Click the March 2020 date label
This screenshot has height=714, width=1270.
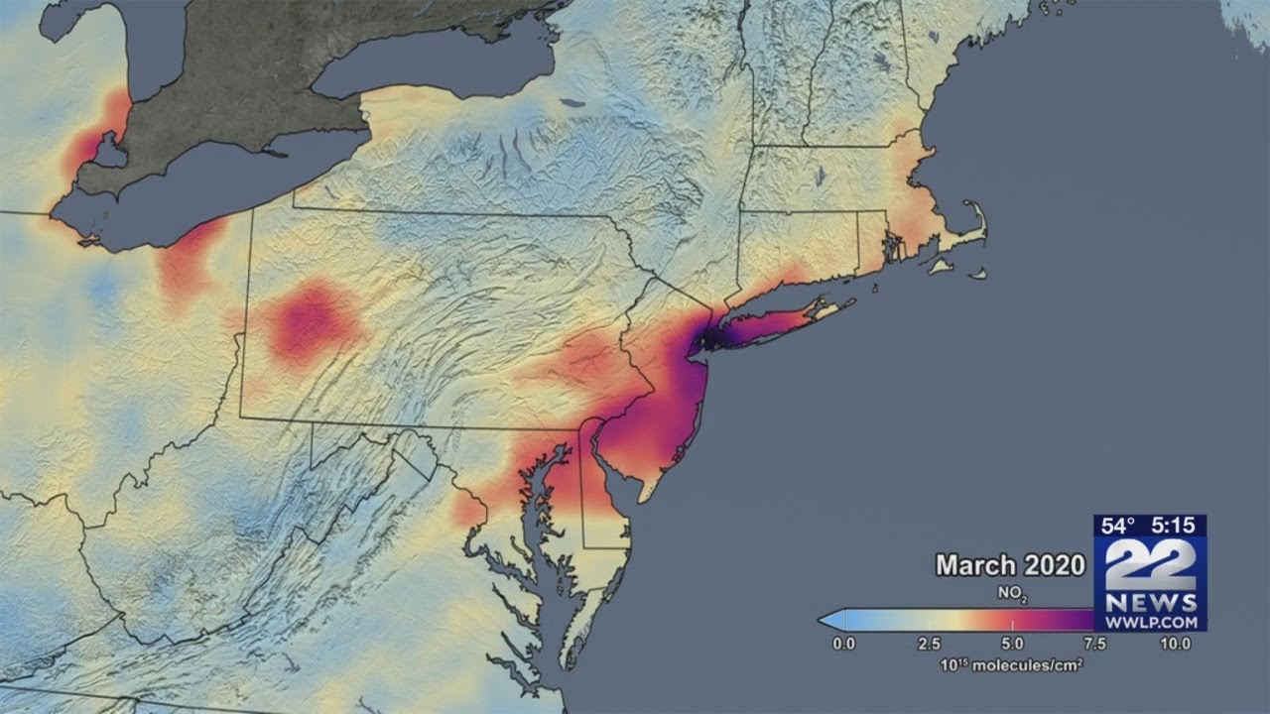click(1010, 565)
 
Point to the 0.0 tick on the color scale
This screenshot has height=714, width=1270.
click(842, 644)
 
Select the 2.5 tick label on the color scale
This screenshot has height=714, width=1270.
click(927, 644)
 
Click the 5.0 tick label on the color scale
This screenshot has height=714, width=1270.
click(1011, 644)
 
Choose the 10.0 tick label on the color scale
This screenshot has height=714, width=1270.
click(1176, 644)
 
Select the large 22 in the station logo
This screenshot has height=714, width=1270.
click(1150, 564)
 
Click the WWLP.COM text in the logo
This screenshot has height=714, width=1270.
click(1150, 621)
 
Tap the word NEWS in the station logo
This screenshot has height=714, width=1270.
click(1150, 602)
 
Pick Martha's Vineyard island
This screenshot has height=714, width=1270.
click(938, 265)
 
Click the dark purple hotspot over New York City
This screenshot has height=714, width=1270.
click(706, 340)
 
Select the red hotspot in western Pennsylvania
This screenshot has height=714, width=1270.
click(311, 320)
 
